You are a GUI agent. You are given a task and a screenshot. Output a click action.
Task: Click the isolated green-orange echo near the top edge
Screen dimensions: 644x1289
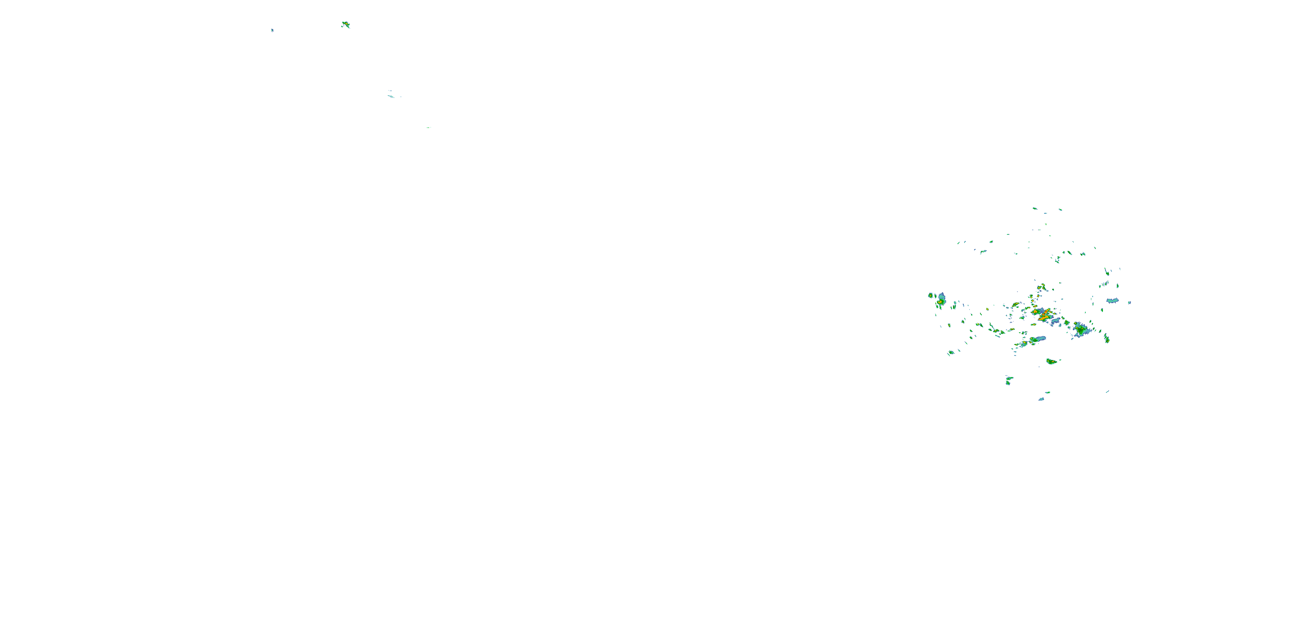[x=345, y=24]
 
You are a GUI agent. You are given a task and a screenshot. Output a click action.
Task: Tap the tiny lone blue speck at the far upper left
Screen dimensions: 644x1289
[x=272, y=30]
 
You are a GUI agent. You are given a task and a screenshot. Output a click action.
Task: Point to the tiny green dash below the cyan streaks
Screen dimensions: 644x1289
[x=428, y=128]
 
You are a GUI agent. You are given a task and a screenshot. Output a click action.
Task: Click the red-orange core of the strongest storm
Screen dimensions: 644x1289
[x=1045, y=315]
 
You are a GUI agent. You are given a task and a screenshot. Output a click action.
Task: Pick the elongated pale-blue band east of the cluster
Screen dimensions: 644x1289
[x=1112, y=301]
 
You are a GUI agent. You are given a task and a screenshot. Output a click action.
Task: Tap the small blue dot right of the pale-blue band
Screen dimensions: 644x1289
[x=1129, y=303]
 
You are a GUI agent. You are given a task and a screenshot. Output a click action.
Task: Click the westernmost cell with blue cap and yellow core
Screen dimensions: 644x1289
[x=941, y=300]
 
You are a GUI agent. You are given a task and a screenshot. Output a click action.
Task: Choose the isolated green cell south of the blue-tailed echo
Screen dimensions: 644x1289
[x=1052, y=361]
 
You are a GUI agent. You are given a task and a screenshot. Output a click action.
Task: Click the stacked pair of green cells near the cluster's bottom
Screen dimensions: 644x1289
[x=1009, y=380]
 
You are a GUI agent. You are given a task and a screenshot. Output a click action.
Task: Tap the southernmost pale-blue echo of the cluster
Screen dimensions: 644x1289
[x=1042, y=399]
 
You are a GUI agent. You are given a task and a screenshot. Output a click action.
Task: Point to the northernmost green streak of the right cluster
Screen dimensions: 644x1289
[x=1034, y=208]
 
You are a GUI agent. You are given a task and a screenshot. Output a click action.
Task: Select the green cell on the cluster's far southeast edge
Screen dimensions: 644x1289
[x=1107, y=338]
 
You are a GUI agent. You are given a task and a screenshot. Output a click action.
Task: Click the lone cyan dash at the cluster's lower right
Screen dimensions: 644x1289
[x=1107, y=392]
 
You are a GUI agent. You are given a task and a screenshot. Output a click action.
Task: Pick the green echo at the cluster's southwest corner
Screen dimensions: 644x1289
[x=951, y=352]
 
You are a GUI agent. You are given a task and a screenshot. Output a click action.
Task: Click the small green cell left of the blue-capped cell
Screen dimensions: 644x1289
[x=931, y=295]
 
